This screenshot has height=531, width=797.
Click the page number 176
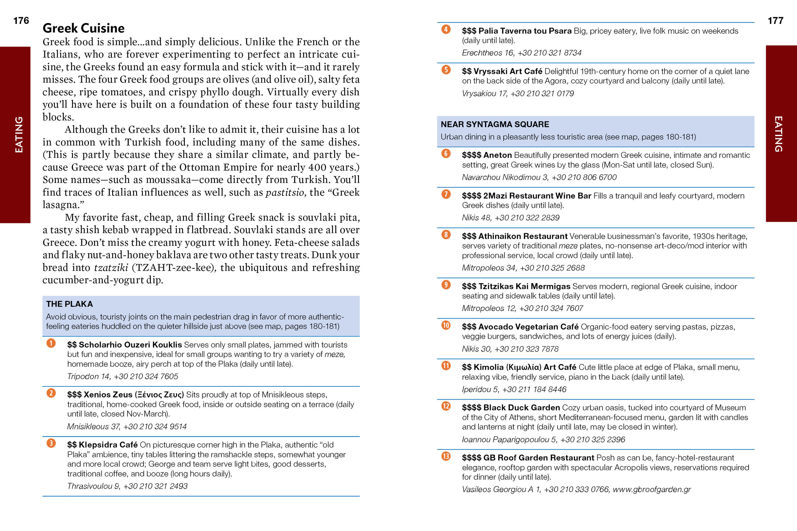click(x=21, y=21)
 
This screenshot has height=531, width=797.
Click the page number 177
click(x=775, y=21)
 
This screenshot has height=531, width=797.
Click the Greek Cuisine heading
click(x=83, y=28)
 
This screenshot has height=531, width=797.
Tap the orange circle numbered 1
click(x=51, y=343)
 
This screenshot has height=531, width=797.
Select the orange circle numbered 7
click(x=446, y=194)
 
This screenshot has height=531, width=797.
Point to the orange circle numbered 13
click(x=446, y=456)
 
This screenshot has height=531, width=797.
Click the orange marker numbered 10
click(x=446, y=325)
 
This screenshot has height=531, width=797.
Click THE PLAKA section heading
click(x=70, y=304)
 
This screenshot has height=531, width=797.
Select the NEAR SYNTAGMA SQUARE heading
click(x=494, y=124)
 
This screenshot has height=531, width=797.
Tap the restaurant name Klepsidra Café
click(x=108, y=444)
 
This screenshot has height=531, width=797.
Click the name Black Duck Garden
click(x=521, y=408)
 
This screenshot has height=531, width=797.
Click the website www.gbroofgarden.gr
click(x=652, y=489)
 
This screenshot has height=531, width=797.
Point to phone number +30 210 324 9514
click(x=155, y=426)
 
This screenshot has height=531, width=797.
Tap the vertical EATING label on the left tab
click(x=19, y=135)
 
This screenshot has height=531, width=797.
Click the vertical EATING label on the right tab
click(x=778, y=134)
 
